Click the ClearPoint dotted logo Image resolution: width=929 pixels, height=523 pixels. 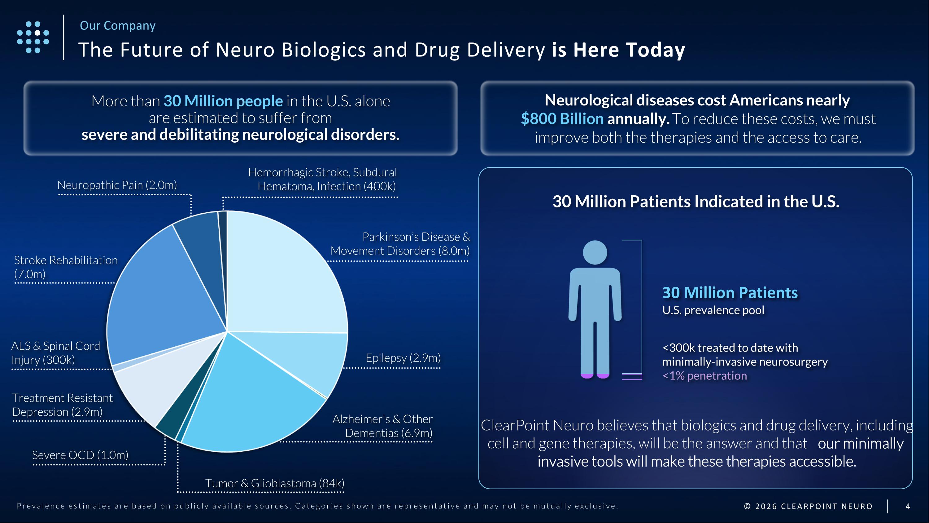pos(33,37)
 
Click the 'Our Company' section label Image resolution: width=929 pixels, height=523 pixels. pos(118,26)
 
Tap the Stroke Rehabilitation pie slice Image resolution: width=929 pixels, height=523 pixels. pos(162,296)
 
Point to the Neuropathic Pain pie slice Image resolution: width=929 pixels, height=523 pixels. pos(200,246)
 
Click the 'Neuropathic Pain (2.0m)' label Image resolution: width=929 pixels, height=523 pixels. pos(117,185)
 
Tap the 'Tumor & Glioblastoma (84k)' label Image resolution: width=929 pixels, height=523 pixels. pos(274,483)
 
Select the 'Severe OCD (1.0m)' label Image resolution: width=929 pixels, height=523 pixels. pos(80,455)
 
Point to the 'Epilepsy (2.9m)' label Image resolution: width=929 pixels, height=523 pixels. pos(403,358)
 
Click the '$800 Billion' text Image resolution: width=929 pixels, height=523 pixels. pos(562,119)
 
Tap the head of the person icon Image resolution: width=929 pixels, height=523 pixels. pos(595,252)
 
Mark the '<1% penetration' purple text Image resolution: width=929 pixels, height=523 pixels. pos(704,376)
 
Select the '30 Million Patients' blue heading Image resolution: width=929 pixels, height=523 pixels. pos(730,293)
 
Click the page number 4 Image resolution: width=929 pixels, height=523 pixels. pos(908,506)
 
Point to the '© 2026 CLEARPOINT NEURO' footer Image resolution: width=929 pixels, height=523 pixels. pos(808,506)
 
